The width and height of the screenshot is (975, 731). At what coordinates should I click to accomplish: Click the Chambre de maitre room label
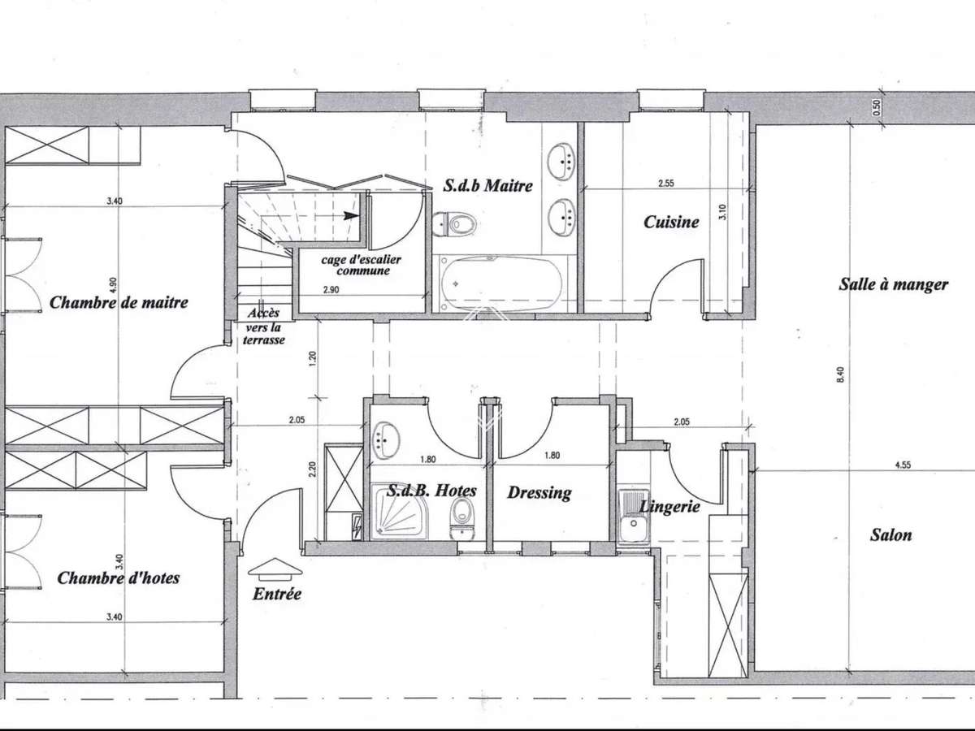pos(119,302)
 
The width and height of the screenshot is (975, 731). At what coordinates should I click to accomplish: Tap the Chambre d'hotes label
pos(118,577)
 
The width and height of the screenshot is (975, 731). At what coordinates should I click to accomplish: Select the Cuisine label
pos(671,221)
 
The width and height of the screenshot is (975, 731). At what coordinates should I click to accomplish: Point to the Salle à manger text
pos(893,284)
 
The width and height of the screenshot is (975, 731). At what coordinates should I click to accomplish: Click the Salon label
pos(890,535)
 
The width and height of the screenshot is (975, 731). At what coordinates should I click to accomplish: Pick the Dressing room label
pos(539,492)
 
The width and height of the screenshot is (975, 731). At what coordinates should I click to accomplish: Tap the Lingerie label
pos(669,506)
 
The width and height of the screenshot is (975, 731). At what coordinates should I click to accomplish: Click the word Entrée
pos(276,594)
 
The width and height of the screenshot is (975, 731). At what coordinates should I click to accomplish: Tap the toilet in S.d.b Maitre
pos(455,223)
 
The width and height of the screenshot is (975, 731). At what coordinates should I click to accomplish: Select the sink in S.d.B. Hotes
pos(386,441)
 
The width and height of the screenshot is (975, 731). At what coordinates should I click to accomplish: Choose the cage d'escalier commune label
pos(361,265)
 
